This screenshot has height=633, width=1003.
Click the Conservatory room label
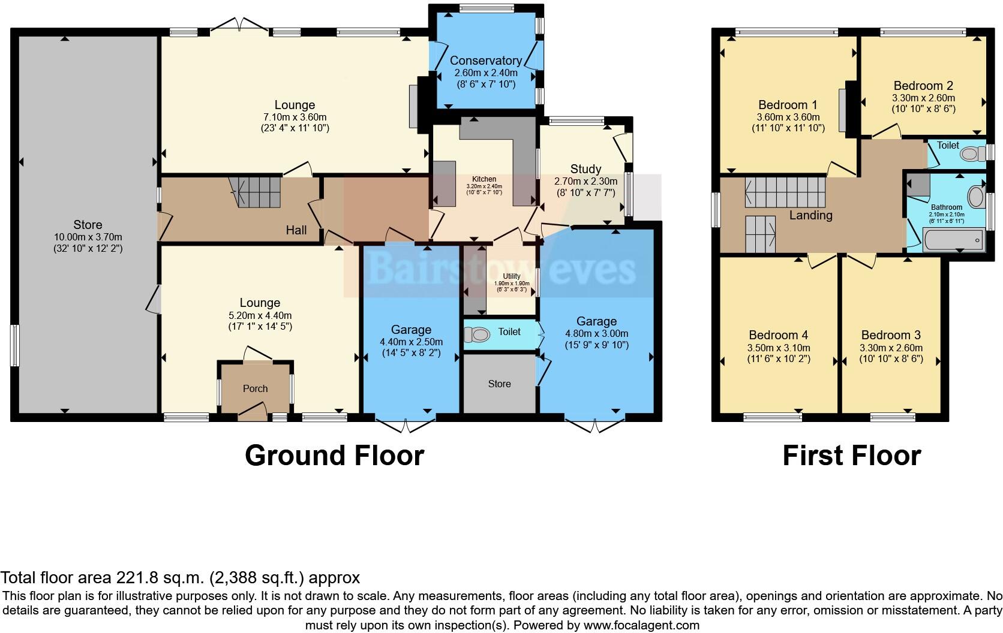click(x=485, y=61)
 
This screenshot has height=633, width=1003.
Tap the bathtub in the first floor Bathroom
click(x=953, y=242)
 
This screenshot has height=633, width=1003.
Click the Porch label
click(x=255, y=388)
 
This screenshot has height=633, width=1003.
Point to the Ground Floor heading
click(x=334, y=456)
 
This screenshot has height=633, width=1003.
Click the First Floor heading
click(x=851, y=456)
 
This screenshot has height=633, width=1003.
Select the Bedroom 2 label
click(x=923, y=86)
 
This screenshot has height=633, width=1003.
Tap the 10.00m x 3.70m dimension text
click(x=88, y=237)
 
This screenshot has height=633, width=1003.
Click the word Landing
click(x=810, y=215)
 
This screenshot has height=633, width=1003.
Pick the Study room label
click(x=585, y=169)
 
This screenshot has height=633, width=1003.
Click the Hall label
click(x=296, y=230)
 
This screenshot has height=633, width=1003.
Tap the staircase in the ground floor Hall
click(x=259, y=191)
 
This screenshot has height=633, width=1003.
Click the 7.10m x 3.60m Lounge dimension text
click(x=295, y=117)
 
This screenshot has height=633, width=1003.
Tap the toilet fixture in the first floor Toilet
click(x=969, y=154)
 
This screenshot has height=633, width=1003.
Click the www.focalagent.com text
click(x=641, y=625)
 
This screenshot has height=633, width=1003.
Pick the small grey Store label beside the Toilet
click(x=499, y=384)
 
